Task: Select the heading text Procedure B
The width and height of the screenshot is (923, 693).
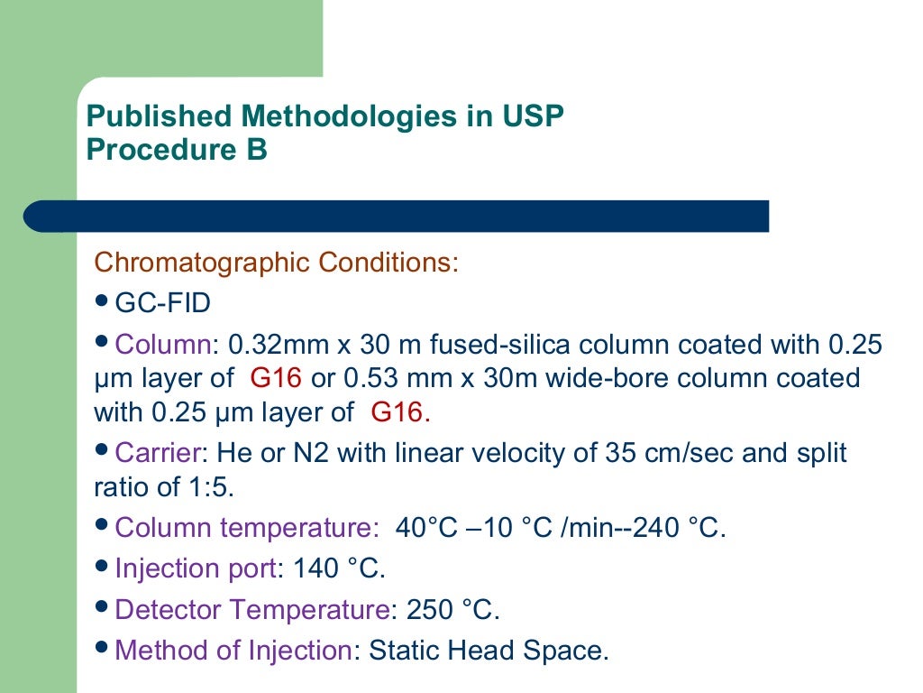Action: [x=177, y=150]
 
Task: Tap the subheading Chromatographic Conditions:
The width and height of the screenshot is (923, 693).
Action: [x=277, y=263]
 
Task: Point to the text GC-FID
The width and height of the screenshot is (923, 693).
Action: [x=163, y=303]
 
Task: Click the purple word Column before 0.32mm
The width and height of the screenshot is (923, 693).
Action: [x=162, y=344]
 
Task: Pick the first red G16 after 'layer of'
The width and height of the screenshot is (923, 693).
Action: [x=275, y=378]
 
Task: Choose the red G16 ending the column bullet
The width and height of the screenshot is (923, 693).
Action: [x=397, y=412]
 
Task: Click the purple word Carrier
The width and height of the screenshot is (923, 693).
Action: [x=158, y=452]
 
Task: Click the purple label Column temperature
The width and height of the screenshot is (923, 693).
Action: [x=242, y=528]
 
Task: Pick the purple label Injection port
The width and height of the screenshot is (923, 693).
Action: [x=196, y=568]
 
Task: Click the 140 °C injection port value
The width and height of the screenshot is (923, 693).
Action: [x=339, y=568]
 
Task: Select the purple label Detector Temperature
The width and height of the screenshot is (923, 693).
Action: [x=253, y=609]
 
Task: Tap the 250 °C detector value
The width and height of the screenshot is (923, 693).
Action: [x=452, y=609]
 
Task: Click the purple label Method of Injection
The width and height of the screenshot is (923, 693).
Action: [x=233, y=650]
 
